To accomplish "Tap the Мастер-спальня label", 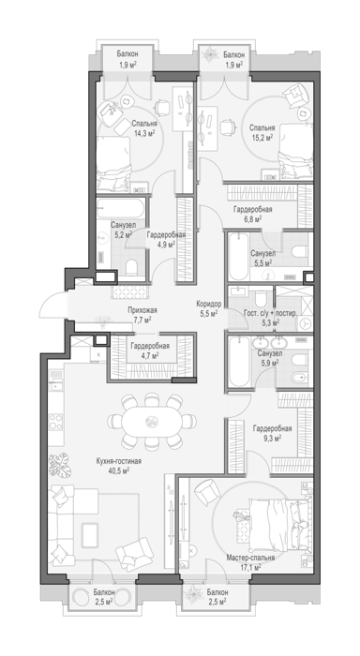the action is point(250,558).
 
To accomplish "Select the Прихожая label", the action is point(142,310).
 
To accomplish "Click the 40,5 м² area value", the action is point(118,470).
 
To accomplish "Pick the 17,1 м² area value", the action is point(250,567).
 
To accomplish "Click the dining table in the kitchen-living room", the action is point(152,422).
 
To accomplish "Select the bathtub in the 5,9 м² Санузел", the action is point(239,362).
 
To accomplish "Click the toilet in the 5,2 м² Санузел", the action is point(131,267).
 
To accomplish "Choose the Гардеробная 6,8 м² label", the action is point(252,214).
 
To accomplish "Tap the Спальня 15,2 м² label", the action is point(262,132).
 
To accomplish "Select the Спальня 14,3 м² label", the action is point(144,128).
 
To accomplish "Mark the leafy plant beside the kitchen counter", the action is point(60,465).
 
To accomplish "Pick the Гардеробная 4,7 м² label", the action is point(150,350).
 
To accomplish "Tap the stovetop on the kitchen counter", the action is point(56,422).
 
